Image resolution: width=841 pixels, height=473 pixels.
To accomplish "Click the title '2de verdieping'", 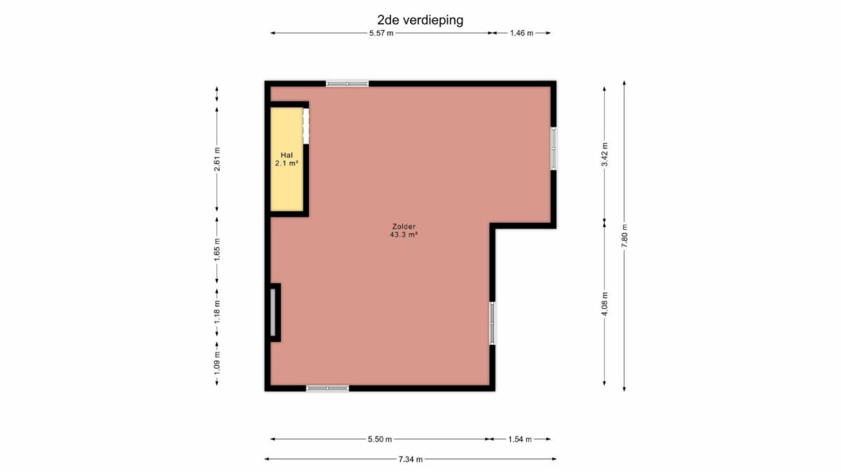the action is [x=420, y=20].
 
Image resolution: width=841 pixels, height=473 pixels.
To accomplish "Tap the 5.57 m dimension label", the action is [x=381, y=33].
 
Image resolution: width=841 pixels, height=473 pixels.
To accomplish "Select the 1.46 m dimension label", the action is [x=521, y=33].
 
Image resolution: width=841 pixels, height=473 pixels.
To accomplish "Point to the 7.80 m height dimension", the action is [x=624, y=235].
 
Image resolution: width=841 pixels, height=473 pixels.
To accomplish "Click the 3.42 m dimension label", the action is [x=605, y=155].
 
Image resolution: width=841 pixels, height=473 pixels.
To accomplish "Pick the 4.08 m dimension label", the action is [x=605, y=303].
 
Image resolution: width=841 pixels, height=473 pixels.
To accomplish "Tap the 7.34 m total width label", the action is [x=411, y=459].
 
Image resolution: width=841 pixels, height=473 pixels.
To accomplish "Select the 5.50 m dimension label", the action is [x=380, y=439].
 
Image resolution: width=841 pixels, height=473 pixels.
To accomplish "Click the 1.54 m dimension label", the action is [x=519, y=439].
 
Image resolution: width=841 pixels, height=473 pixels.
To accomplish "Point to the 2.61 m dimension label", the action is [x=217, y=159].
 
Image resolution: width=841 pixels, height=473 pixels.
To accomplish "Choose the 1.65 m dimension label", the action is [x=217, y=249].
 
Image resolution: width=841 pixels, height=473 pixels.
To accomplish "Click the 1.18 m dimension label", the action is [x=217, y=312].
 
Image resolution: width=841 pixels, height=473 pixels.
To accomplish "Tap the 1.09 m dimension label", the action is [x=217, y=363].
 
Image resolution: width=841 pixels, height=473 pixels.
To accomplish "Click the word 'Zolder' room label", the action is [x=404, y=226].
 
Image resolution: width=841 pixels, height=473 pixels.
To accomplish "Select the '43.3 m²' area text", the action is [x=404, y=235].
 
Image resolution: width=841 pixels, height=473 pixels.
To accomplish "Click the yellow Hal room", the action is [x=287, y=159].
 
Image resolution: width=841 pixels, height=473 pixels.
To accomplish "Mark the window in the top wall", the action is [x=347, y=83].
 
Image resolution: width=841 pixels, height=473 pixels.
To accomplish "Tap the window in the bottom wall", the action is [x=327, y=388].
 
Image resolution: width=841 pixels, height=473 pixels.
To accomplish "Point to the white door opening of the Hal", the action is [x=306, y=125].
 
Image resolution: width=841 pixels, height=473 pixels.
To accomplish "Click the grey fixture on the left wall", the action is [x=273, y=313].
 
